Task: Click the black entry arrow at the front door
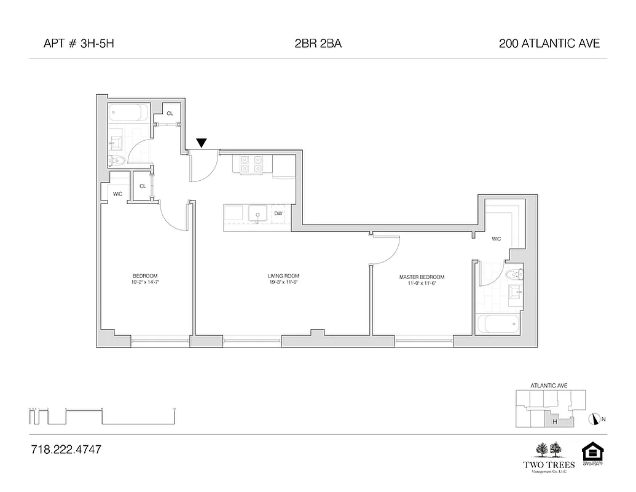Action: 201,144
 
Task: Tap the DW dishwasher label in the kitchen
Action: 278,213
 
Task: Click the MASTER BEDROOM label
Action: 421,280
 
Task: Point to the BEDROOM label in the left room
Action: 145,278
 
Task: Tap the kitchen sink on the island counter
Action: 256,213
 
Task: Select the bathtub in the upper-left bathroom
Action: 128,113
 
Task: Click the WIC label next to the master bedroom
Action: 496,239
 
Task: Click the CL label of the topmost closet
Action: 170,113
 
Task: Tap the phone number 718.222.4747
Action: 66,450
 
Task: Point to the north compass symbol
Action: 594,419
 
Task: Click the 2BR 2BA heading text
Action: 317,43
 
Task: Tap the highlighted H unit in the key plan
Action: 555,421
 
